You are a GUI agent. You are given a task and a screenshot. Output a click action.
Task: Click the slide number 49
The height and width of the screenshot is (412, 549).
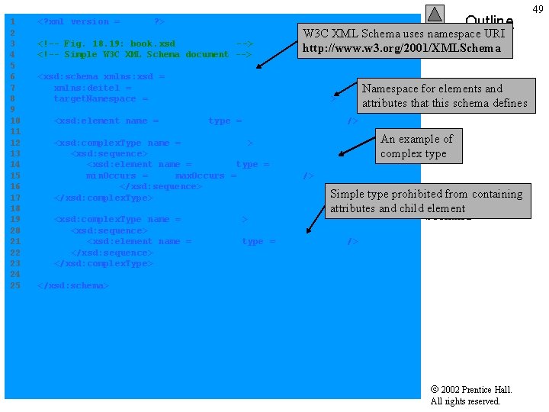point(538,8)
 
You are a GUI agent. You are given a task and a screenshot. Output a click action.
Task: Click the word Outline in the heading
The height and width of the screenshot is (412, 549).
point(489,21)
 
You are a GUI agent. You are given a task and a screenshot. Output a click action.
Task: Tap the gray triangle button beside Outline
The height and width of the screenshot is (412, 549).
point(435,14)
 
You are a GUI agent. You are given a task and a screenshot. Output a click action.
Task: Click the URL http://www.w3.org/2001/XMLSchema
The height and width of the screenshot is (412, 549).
point(402,48)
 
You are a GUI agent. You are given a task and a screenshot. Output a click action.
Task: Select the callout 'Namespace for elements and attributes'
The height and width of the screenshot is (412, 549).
point(445,95)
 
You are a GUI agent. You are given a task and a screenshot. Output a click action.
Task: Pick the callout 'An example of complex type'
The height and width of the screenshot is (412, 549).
point(416,146)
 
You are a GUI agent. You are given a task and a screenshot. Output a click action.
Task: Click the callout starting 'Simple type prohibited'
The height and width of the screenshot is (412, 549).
point(427,201)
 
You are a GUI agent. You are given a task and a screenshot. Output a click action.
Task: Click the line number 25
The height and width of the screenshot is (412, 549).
point(14,285)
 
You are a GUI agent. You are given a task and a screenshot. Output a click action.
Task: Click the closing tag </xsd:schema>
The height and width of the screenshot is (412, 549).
point(73,285)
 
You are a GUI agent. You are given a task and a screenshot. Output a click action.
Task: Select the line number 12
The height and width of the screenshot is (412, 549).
point(14,143)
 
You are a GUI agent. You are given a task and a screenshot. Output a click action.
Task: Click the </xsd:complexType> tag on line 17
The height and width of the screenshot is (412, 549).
point(104,198)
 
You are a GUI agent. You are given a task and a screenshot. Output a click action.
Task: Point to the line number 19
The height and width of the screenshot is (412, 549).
point(14,219)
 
